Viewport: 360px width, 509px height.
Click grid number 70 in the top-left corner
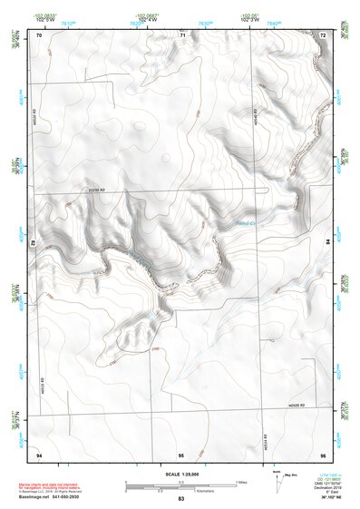(x=38, y=34)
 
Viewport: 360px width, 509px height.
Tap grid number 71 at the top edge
(x=182, y=34)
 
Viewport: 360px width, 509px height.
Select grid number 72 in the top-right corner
(x=323, y=34)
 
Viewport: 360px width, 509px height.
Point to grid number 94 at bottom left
(x=38, y=453)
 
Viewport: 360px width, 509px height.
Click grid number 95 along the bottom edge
(x=181, y=453)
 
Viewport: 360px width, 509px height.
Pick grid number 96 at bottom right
(x=323, y=453)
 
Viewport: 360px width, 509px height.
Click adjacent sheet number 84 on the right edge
(x=327, y=241)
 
